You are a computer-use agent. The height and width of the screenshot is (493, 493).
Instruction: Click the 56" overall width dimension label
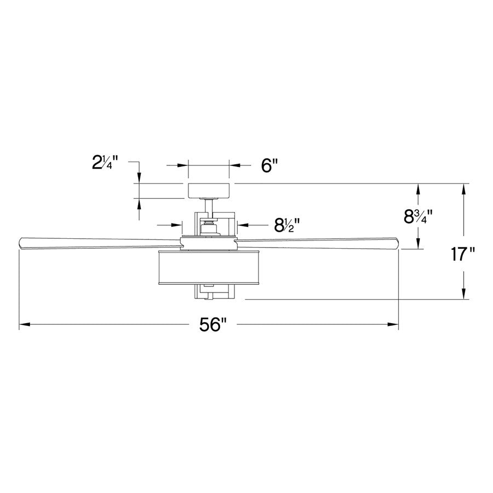(x=213, y=325)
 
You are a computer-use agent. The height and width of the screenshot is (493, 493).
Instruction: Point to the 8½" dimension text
(x=286, y=224)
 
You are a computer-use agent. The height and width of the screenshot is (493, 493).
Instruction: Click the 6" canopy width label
(x=270, y=165)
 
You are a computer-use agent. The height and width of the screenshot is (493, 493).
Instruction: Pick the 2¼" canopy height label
(x=105, y=163)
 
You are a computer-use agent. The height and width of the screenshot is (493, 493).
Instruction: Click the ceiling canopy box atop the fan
(x=208, y=190)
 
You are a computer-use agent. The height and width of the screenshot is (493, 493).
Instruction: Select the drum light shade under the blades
(x=208, y=268)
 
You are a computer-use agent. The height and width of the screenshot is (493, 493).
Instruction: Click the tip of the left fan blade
(x=22, y=242)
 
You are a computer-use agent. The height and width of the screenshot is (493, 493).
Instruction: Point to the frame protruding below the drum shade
(x=208, y=293)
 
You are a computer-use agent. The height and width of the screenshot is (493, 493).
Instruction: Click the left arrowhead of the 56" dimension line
(x=23, y=325)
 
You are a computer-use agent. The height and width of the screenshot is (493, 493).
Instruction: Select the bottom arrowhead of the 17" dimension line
(x=464, y=295)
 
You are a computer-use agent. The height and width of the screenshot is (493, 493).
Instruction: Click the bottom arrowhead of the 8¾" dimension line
(x=419, y=245)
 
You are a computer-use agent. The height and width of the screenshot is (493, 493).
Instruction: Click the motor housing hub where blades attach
(x=208, y=241)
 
